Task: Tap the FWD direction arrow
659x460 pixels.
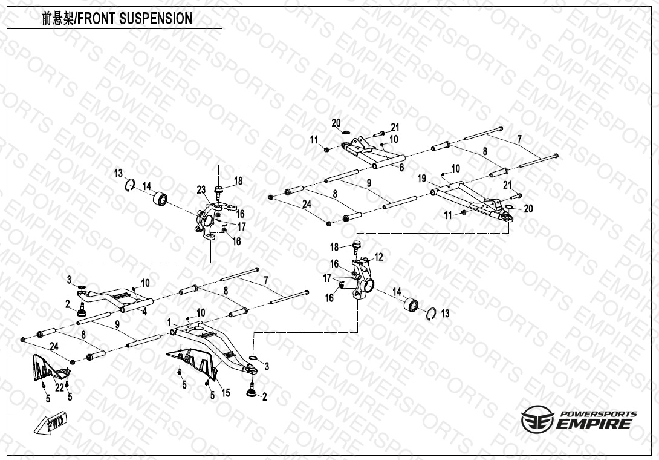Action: pyautogui.click(x=55, y=423)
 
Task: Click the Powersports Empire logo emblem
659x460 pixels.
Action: pyautogui.click(x=537, y=419)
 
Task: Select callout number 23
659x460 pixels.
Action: pyautogui.click(x=201, y=190)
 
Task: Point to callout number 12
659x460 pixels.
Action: pyautogui.click(x=378, y=257)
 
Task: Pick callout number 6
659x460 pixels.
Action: pyautogui.click(x=401, y=168)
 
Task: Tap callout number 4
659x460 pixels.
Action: pyautogui.click(x=144, y=312)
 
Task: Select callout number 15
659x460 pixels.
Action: pyautogui.click(x=226, y=393)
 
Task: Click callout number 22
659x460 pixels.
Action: pyautogui.click(x=59, y=388)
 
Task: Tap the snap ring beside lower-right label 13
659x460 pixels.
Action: pyautogui.click(x=430, y=315)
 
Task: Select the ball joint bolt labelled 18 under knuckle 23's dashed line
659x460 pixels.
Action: pyautogui.click(x=219, y=191)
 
